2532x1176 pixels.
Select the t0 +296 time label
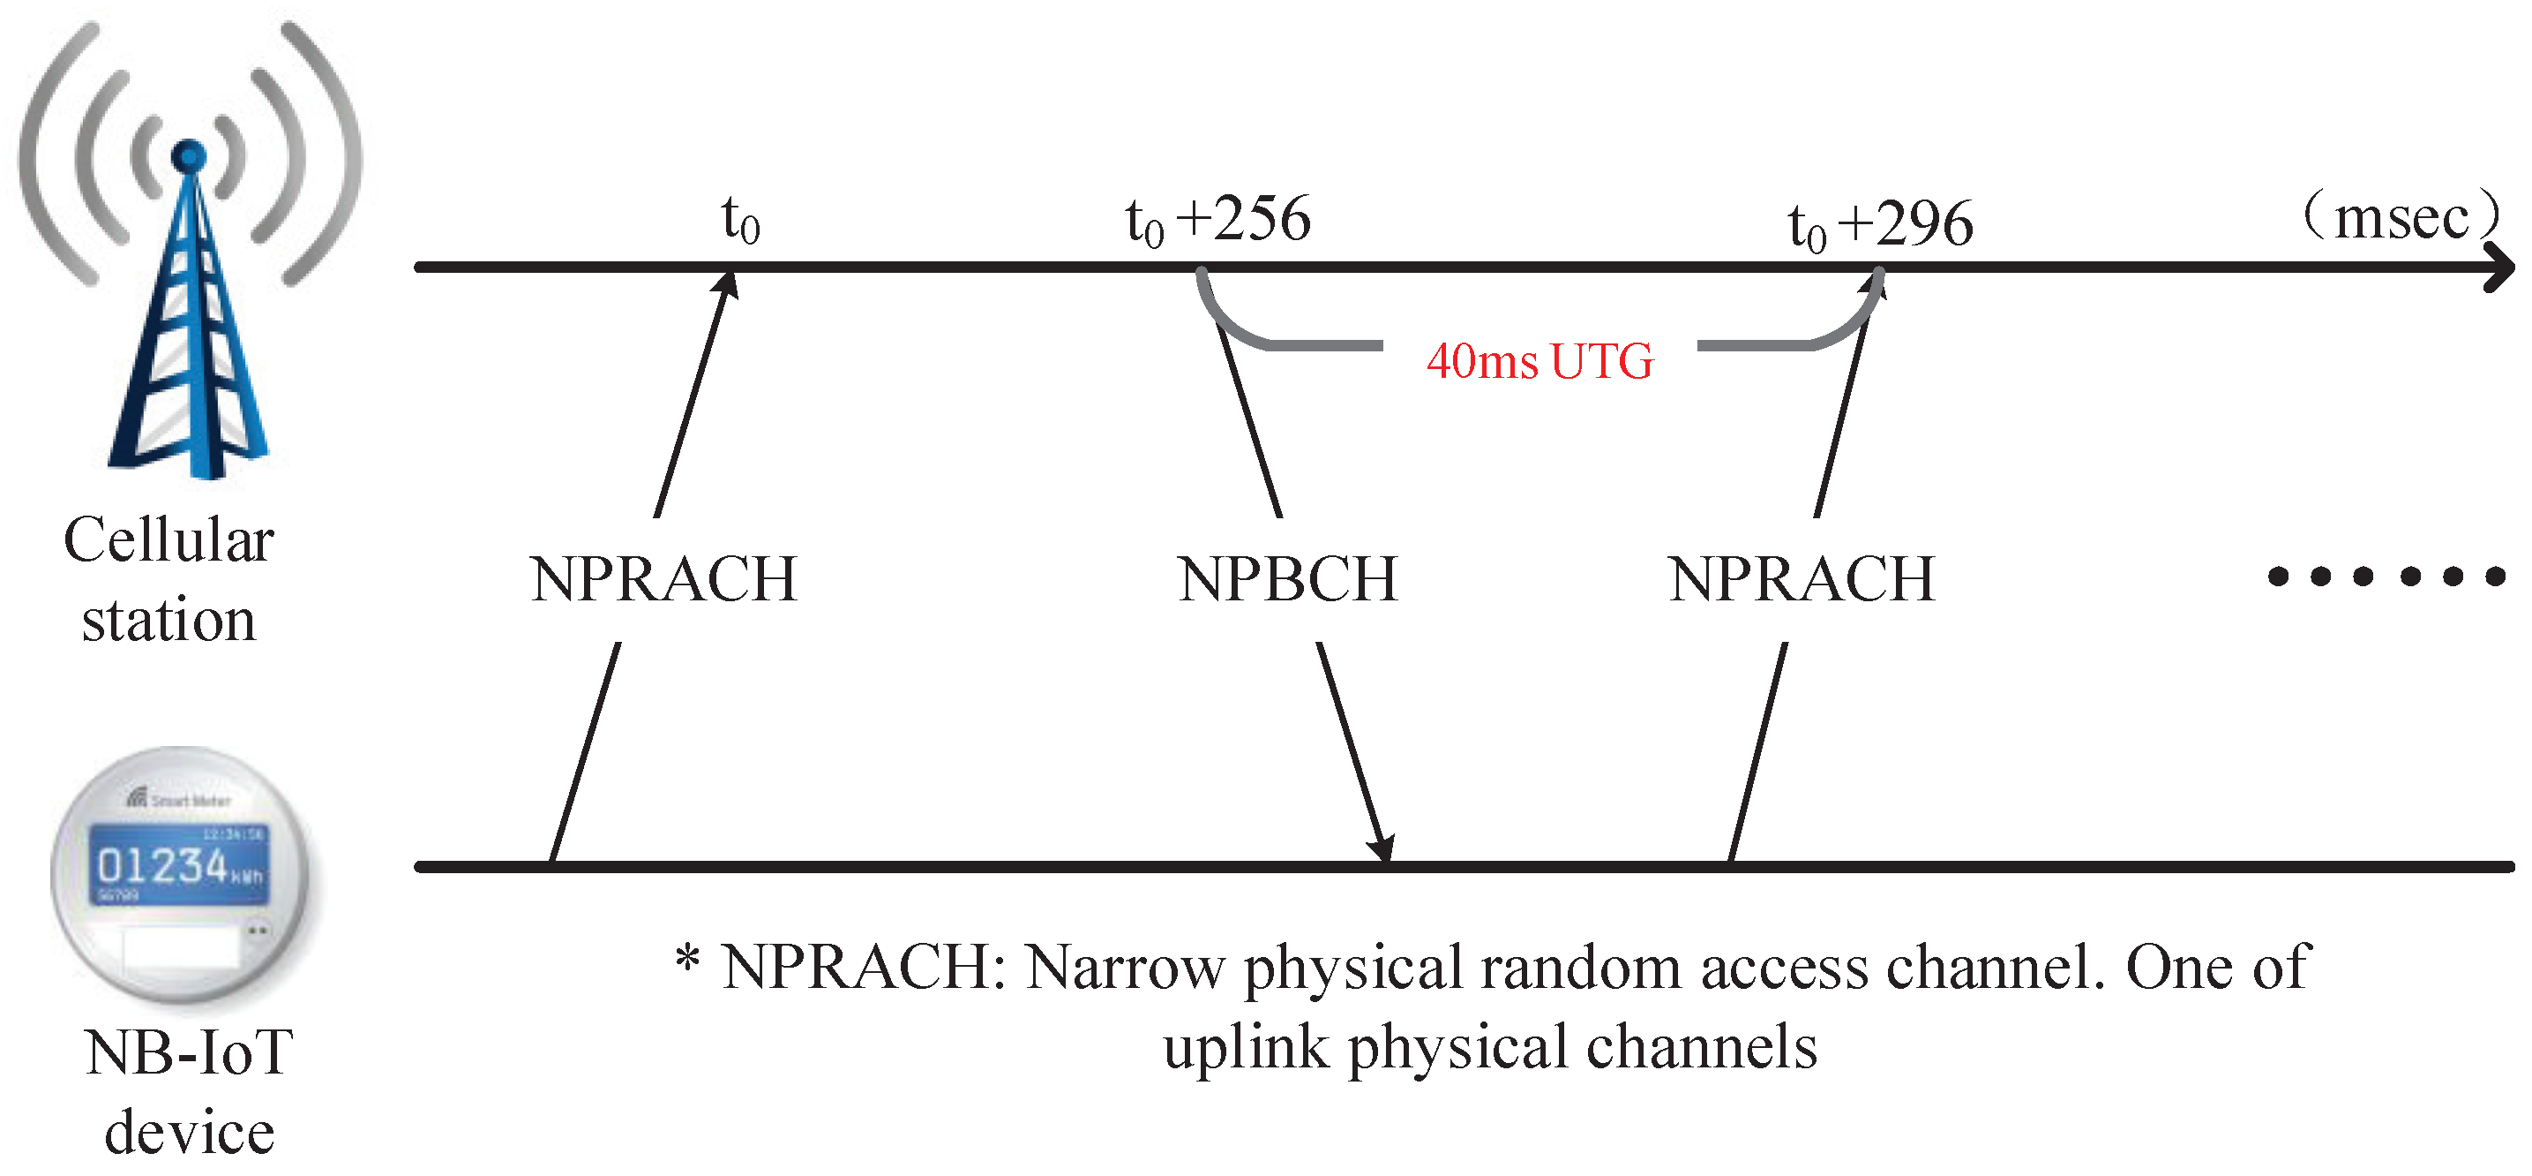pos(1879,223)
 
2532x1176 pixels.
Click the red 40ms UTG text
pos(1539,361)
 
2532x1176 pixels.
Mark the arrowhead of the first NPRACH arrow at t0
pos(727,284)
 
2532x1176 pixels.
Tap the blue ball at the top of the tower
pos(189,155)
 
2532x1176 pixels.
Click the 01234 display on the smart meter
pos(163,865)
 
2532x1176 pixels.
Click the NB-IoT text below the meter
pos(189,1052)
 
